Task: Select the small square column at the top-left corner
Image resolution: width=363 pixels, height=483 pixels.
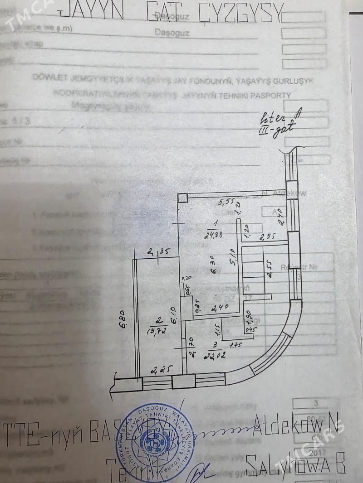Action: [182, 198]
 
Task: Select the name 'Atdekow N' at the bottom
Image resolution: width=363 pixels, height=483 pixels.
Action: [297, 425]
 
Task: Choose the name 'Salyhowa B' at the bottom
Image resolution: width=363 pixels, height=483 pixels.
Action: [296, 463]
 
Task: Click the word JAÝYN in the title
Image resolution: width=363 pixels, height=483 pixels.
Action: [90, 10]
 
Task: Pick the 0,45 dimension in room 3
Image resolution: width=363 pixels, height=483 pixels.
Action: [248, 329]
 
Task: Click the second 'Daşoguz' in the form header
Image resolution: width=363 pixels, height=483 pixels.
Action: [172, 33]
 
